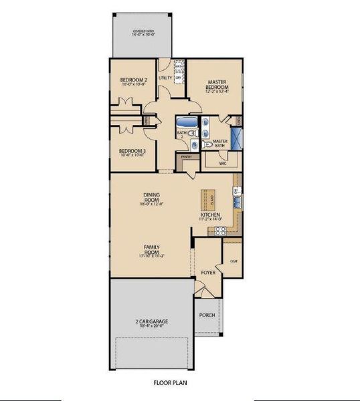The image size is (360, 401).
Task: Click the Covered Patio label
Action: [144, 33]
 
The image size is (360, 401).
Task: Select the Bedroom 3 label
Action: [132, 152]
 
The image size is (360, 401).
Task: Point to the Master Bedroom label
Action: [217, 85]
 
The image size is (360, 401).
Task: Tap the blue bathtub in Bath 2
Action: [186, 122]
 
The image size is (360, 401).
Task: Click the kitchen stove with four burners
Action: [219, 231]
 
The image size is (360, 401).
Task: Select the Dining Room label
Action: [151, 198]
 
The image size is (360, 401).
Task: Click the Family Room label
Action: [151, 250]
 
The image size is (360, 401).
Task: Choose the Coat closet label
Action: [234, 261]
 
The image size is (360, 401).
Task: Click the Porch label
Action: [207, 315]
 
